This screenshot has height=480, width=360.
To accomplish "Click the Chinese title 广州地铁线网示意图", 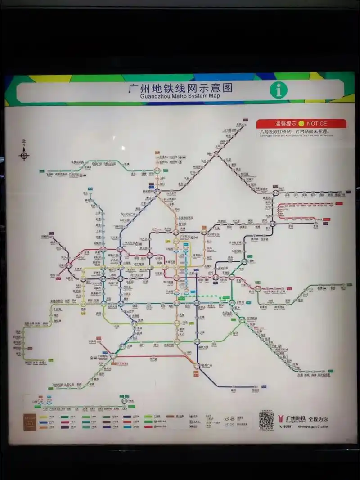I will (180, 88).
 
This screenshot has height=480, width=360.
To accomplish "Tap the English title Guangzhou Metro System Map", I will (180, 96).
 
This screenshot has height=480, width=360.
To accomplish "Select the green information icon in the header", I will (279, 90).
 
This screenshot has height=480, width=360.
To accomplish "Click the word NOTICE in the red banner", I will (317, 123).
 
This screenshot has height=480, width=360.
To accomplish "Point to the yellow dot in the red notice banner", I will (301, 123).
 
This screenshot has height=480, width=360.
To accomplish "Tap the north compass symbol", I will (24, 156).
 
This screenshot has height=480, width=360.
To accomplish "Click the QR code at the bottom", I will (266, 420).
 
